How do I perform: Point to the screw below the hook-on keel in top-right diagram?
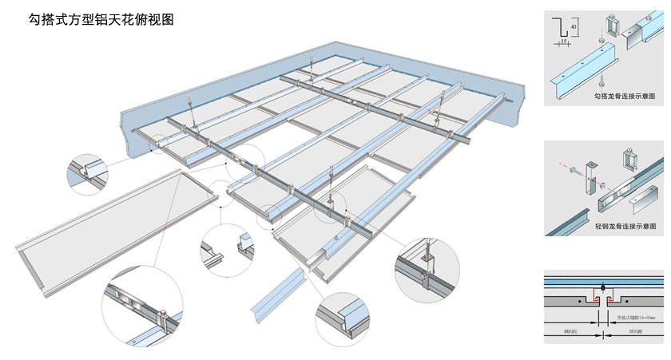pos(602,78)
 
